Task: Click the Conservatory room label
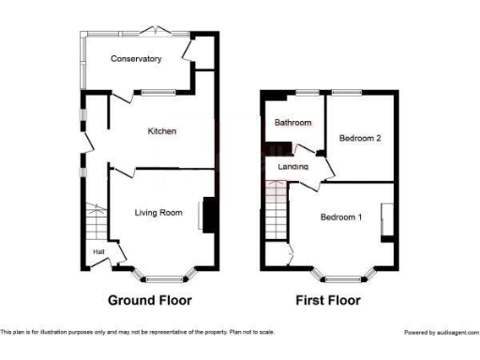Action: click(136, 59)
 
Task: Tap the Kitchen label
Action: click(162, 131)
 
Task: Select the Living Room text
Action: click(157, 213)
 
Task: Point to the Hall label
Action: click(98, 251)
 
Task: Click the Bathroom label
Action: click(292, 123)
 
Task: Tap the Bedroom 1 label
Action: click(341, 217)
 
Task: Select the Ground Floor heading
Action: click(150, 301)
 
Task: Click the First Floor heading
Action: click(328, 301)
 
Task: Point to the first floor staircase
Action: click(275, 221)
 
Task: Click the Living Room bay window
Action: click(165, 277)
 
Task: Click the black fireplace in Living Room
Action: click(208, 214)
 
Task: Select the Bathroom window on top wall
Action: click(306, 92)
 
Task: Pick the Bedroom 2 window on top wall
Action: click(346, 92)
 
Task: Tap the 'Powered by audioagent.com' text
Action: click(441, 332)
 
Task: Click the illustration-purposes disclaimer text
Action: click(138, 332)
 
